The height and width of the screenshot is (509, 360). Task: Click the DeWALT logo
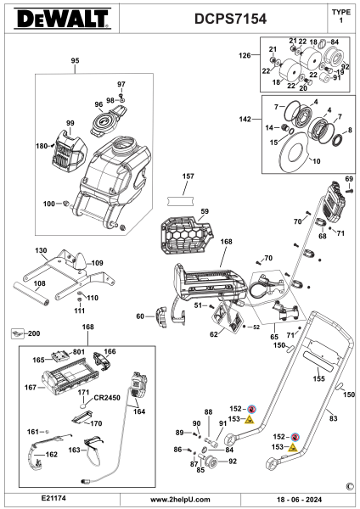62,19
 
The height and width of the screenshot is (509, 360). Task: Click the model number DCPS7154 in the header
230,19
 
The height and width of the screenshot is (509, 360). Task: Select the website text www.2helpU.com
180,500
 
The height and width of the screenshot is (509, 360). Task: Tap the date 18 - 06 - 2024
299,500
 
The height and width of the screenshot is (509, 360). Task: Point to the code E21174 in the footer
53,498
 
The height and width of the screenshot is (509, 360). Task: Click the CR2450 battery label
107,398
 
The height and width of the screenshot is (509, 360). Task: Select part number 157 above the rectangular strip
188,176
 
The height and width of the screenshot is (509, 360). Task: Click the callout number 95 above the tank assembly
75,61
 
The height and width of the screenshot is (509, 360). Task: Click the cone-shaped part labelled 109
81,262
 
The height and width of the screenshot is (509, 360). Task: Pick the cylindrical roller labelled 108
31,294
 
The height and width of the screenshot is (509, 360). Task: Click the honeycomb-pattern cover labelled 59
186,235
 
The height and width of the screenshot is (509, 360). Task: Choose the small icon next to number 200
17,333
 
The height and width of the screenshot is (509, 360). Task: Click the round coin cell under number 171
83,406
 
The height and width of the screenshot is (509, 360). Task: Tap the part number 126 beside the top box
245,55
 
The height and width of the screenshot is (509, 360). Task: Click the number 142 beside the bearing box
245,119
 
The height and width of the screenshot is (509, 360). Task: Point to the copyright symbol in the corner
350,486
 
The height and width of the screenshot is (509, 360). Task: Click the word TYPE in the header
341,13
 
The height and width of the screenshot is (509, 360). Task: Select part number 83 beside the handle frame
334,418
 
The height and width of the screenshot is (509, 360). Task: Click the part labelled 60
160,316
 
